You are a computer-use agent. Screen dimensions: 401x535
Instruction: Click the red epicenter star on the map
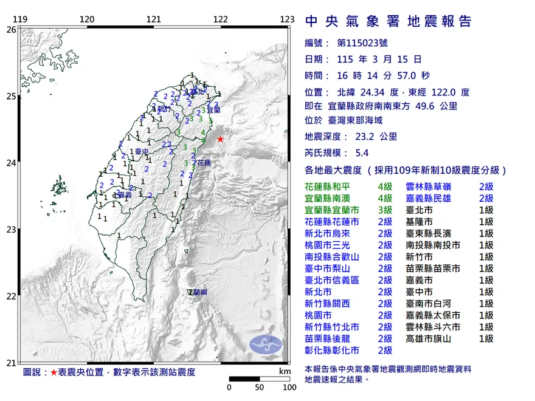[x=220, y=139]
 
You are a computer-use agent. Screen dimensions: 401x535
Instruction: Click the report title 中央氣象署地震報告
[x=388, y=22]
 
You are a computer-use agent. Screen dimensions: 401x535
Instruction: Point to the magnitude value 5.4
[x=357, y=153]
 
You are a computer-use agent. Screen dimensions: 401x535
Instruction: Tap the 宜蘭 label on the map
[x=213, y=111]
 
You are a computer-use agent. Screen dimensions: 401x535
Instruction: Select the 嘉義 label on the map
[x=125, y=195]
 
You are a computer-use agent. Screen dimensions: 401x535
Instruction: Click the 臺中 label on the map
[x=142, y=151]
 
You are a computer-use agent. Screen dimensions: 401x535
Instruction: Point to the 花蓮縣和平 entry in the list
[x=331, y=187]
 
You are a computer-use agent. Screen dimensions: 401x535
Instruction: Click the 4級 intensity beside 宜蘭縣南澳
[x=385, y=198]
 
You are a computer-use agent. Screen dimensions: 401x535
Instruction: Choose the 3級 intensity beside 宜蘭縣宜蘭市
[x=385, y=210]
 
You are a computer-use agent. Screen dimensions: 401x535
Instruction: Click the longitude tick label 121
[x=154, y=19]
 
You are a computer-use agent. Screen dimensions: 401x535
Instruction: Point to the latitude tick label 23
[x=11, y=230]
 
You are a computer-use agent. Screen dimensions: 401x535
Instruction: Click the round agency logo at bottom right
[x=266, y=344]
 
